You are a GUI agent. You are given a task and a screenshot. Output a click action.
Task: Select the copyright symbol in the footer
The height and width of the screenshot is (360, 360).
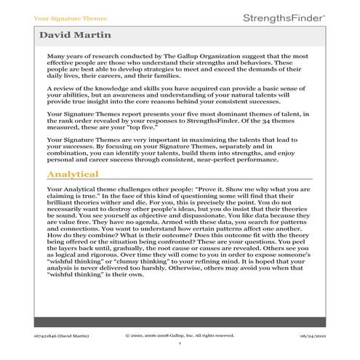(128, 335)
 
